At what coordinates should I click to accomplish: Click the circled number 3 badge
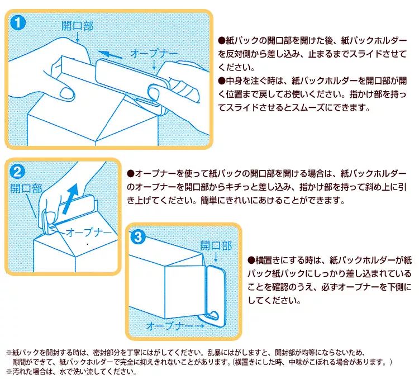[139, 236]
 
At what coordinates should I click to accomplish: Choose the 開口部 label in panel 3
[216, 246]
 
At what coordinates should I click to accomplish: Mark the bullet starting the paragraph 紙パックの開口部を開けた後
[222, 41]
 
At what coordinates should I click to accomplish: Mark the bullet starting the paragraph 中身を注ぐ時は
[222, 81]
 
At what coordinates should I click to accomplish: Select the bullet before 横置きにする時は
[251, 260]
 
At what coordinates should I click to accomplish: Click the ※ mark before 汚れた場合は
[9, 371]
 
